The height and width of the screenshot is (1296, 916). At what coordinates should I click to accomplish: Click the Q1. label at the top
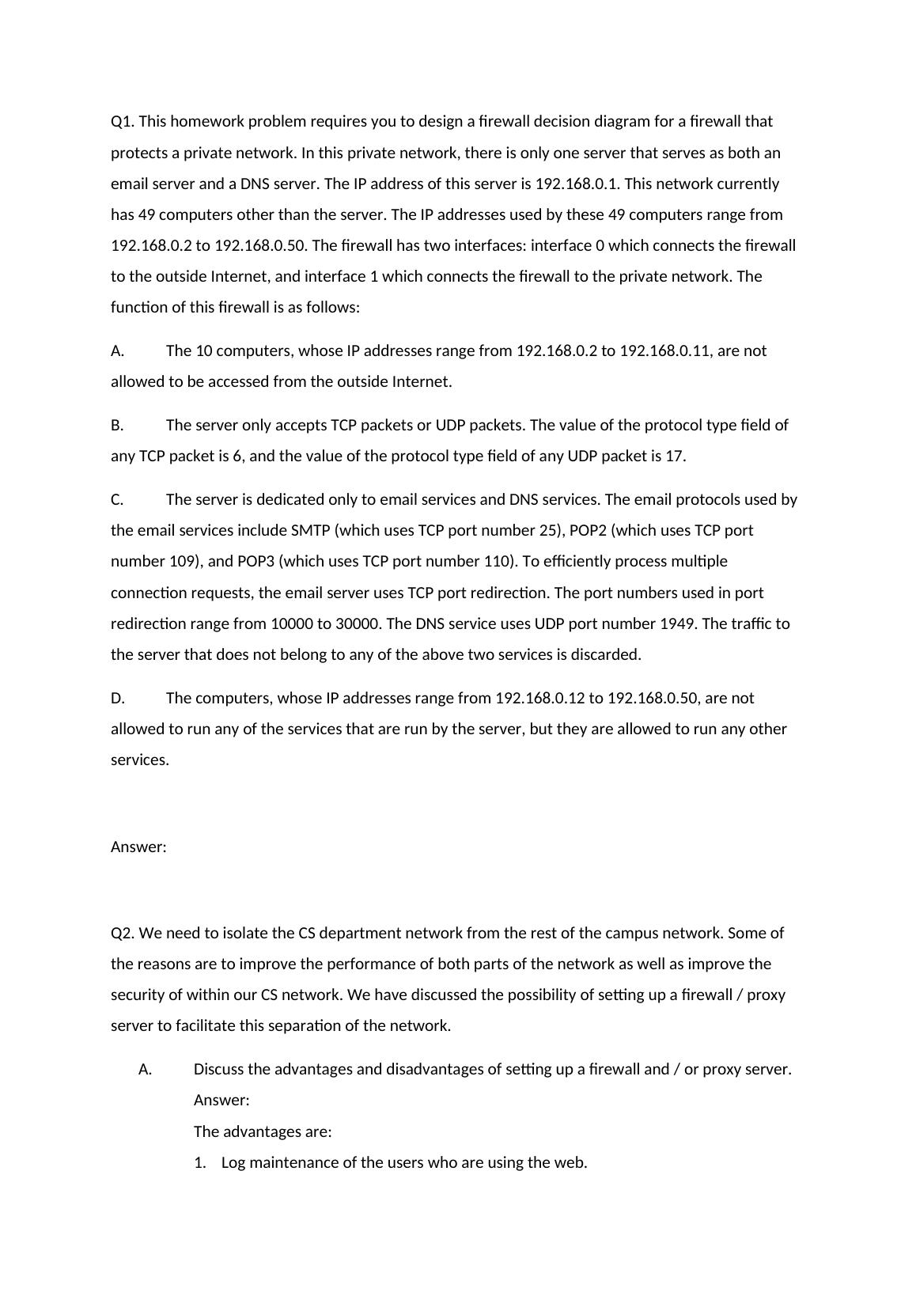(122, 121)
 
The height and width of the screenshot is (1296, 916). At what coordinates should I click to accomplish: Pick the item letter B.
(117, 425)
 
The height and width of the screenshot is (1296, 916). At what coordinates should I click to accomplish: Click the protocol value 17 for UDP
(675, 456)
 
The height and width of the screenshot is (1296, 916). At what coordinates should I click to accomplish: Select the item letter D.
(117, 698)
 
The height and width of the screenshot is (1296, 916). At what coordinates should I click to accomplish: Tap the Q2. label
(123, 933)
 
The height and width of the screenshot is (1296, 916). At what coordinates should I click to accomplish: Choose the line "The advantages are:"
(263, 1131)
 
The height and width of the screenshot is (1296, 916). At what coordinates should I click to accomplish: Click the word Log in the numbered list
(234, 1162)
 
